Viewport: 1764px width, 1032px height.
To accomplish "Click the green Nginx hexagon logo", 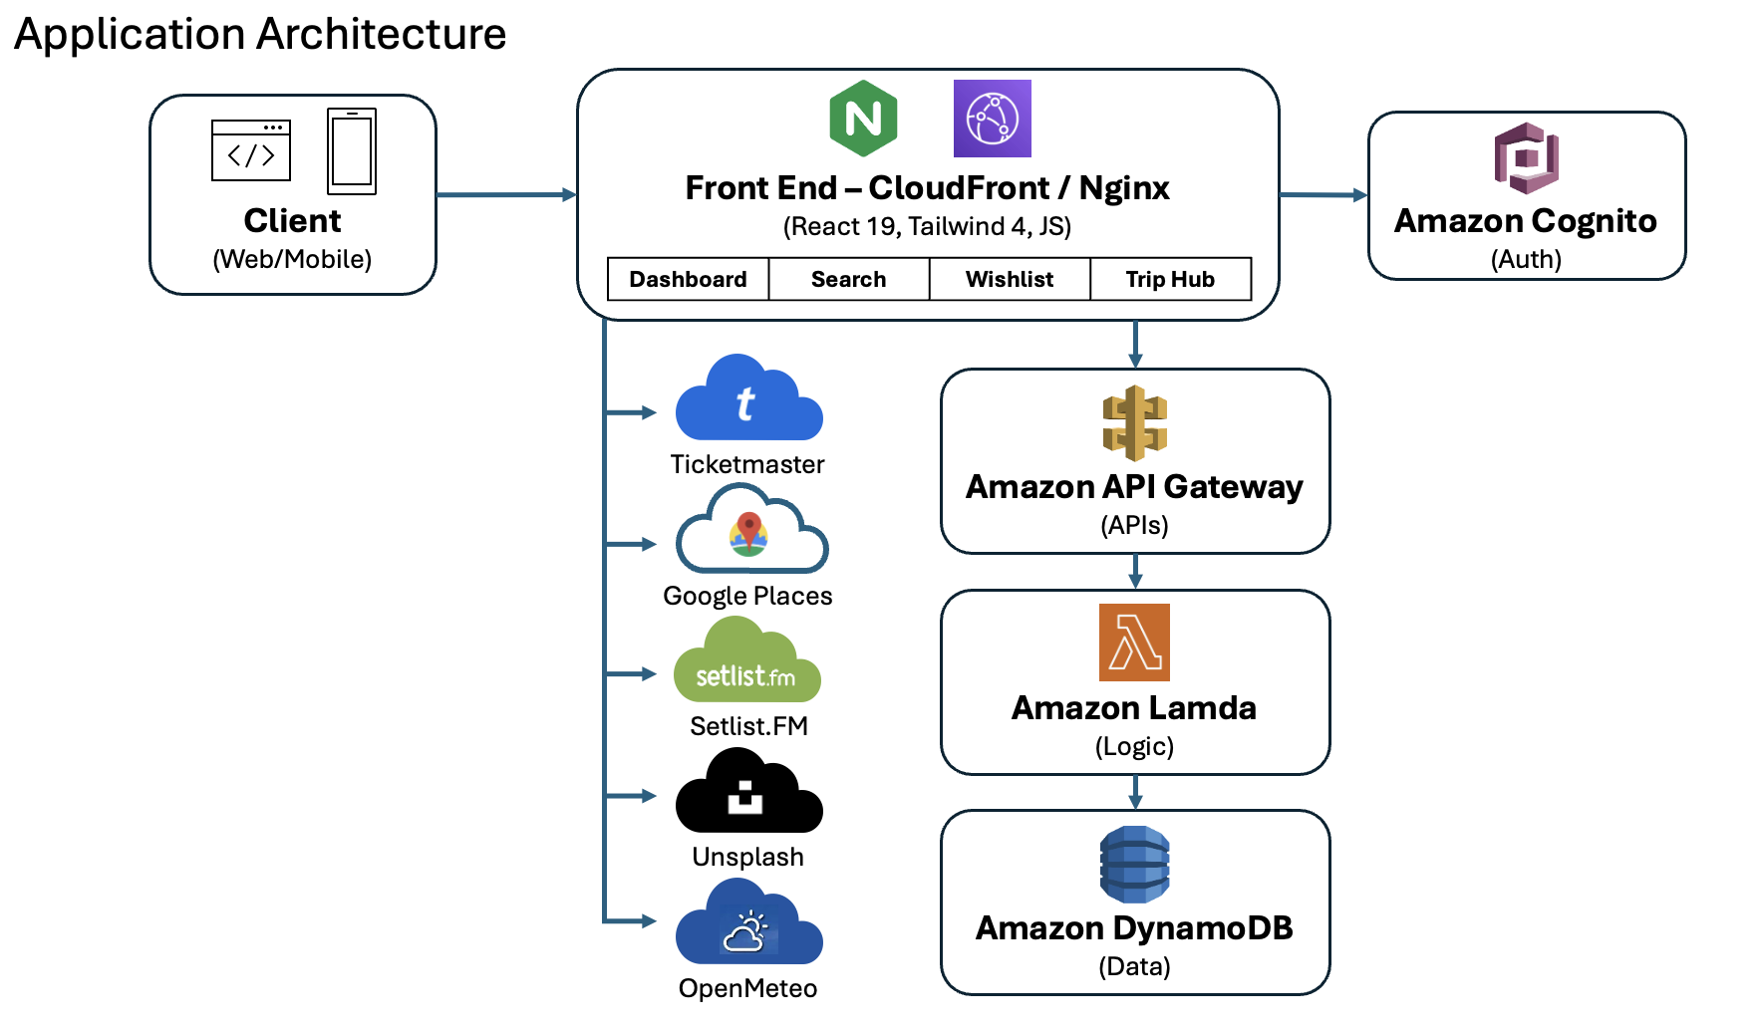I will coord(863,119).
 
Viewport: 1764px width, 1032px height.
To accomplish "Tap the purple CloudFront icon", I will coord(992,119).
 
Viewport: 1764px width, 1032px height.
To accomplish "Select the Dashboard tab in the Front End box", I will coord(688,279).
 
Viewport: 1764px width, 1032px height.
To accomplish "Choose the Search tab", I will coord(848,279).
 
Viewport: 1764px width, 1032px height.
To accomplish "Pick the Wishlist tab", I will coord(1009,279).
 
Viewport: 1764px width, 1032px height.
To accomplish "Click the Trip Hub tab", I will coord(1170,279).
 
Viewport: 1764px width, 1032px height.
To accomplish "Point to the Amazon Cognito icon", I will coord(1526,158).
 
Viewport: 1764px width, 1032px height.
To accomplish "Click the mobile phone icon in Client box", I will coord(352,151).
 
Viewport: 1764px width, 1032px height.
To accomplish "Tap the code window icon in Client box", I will coord(251,150).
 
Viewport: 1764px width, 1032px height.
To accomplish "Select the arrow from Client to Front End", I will coord(506,194).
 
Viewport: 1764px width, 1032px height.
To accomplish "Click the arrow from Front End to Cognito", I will coord(1323,195).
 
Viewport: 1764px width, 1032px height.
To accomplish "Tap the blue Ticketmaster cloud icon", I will coord(748,401).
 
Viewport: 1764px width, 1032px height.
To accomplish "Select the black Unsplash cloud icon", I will coord(748,794).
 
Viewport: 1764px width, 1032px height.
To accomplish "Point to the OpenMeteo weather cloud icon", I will coord(748,925).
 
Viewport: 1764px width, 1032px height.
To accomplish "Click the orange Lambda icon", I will coord(1134,643).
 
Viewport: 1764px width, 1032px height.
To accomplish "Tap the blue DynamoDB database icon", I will coord(1134,864).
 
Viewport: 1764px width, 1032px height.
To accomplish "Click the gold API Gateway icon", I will coord(1134,423).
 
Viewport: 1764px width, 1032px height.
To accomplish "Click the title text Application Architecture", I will coord(260,34).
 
